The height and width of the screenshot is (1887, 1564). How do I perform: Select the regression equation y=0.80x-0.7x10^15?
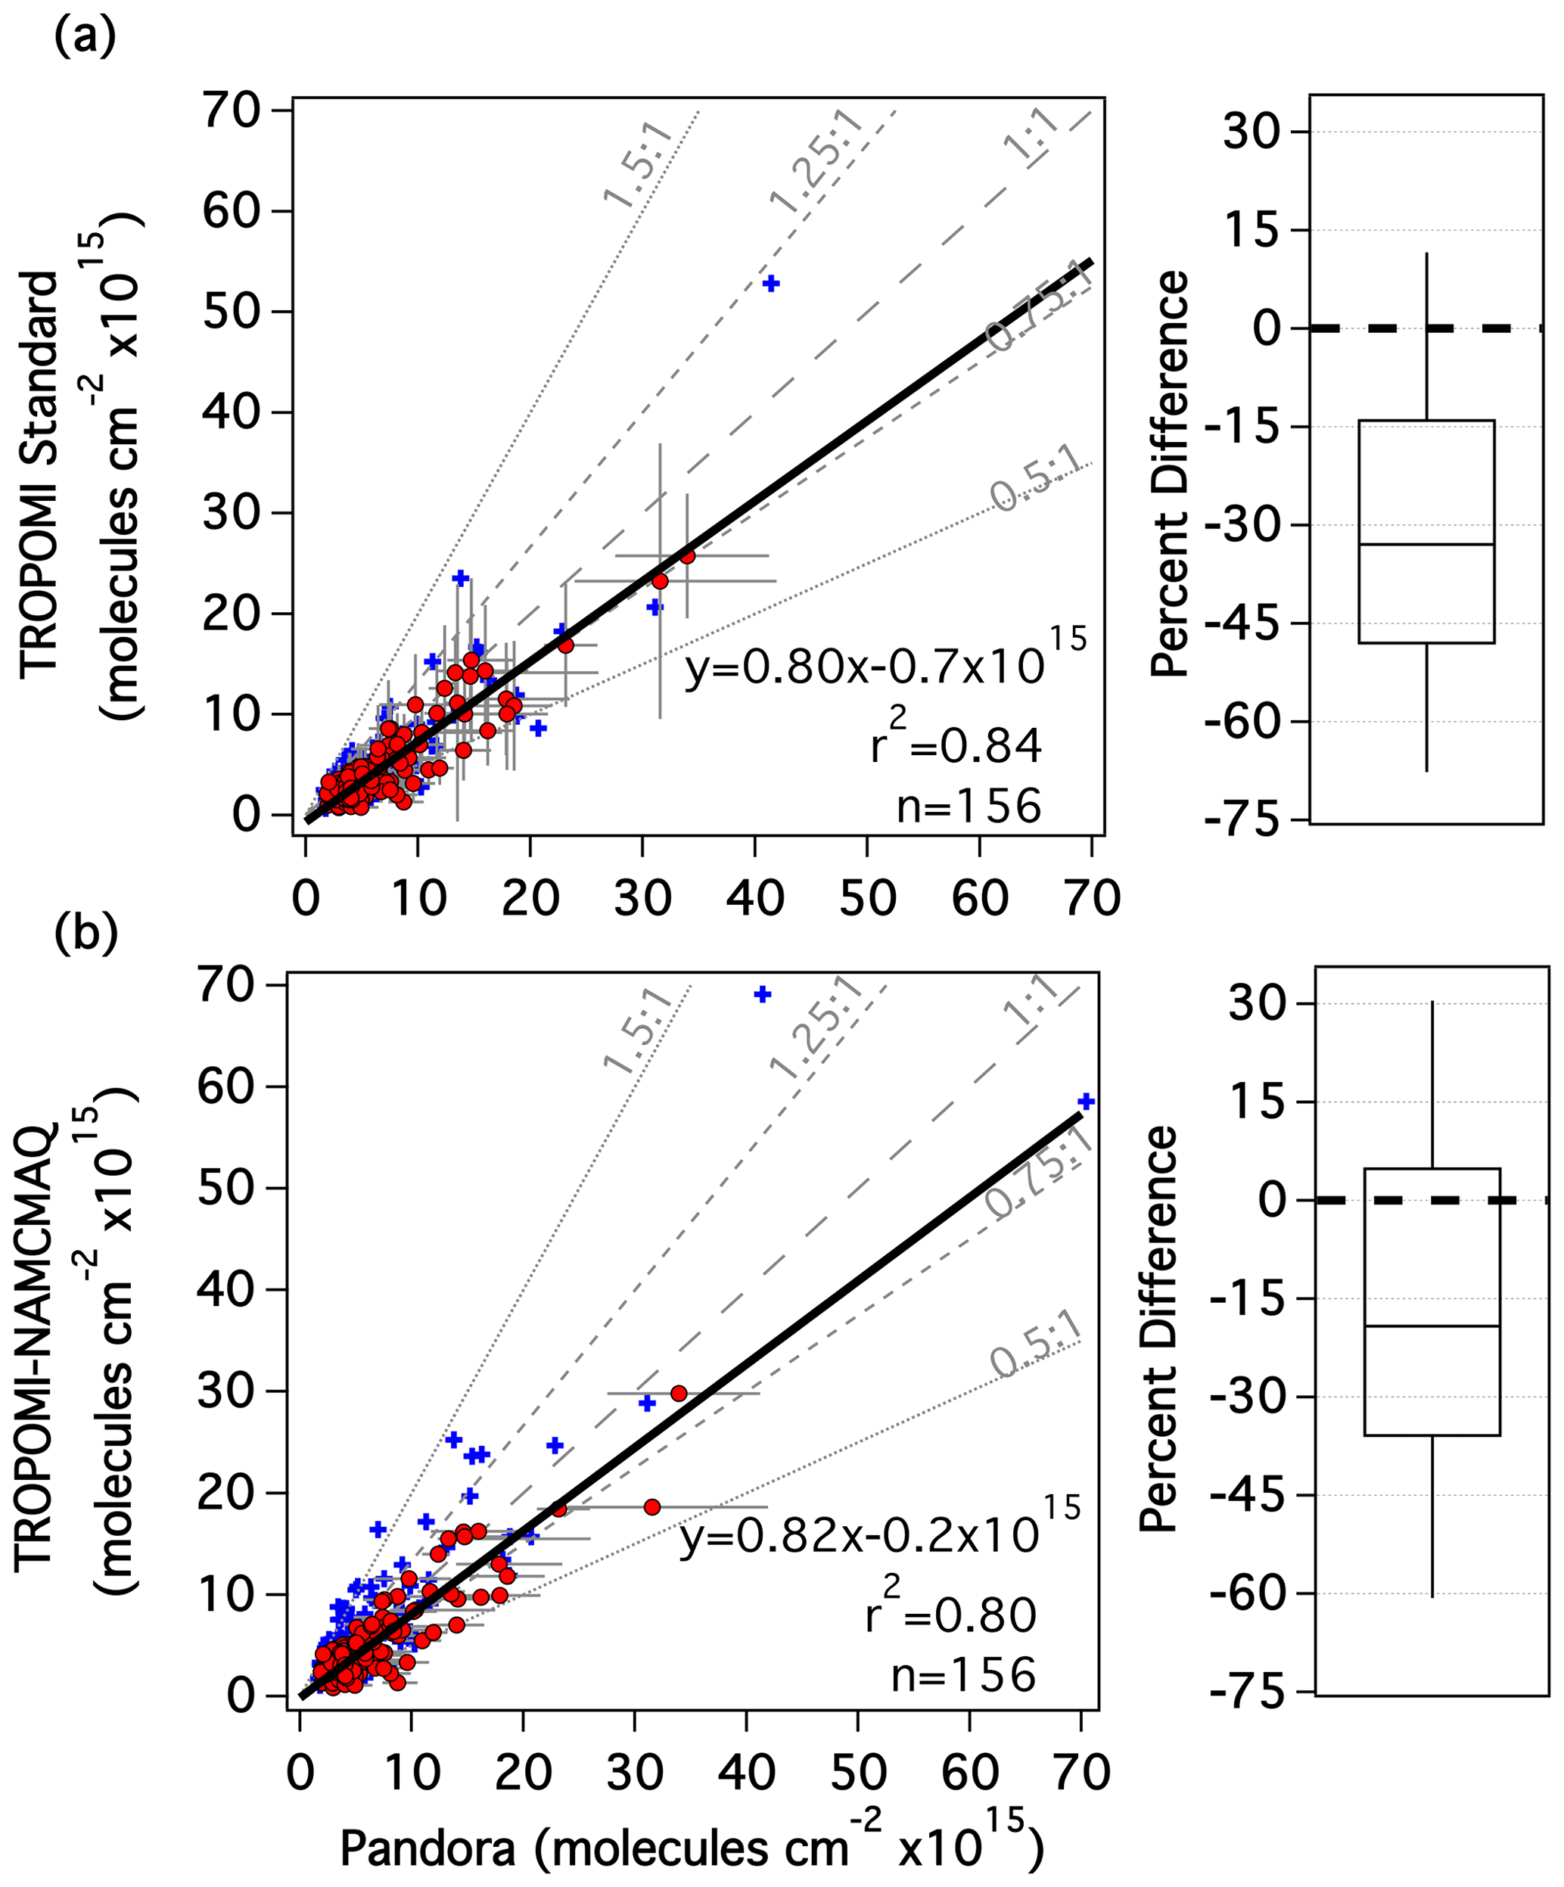[x=885, y=666]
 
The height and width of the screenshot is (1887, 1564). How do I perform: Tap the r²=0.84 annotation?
[x=956, y=741]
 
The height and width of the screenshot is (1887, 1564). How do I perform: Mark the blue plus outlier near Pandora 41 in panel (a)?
[x=770, y=284]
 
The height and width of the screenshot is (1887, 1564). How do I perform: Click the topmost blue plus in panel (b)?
[x=762, y=994]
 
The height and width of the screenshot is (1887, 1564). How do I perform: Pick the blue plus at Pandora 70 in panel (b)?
[x=1086, y=1102]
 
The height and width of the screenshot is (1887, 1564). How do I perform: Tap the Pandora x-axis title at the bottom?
[x=692, y=1848]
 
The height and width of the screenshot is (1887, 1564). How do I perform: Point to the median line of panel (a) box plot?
[x=1426, y=545]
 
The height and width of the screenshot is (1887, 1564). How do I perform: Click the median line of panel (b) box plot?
[x=1432, y=1326]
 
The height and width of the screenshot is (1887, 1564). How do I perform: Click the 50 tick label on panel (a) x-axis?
[x=867, y=897]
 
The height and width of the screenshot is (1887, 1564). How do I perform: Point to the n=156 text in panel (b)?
[x=963, y=1675]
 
